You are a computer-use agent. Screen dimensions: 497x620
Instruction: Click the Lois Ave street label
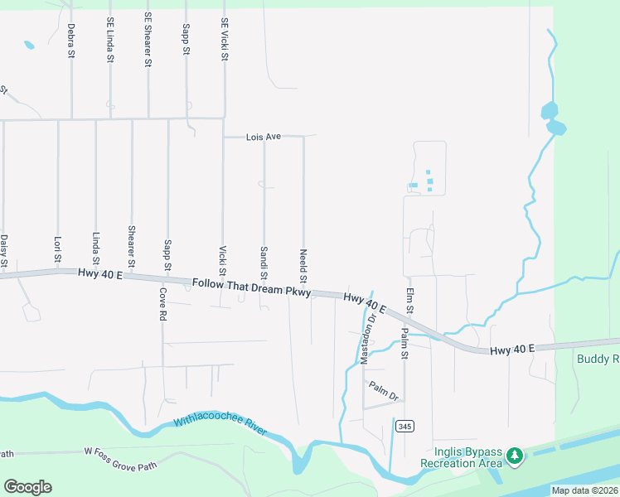[x=263, y=137]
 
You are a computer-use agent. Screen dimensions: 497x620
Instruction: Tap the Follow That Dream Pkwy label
[x=251, y=287]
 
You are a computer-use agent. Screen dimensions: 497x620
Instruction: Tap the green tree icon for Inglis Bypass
[x=515, y=456]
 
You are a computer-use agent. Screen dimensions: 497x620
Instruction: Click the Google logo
[x=27, y=487]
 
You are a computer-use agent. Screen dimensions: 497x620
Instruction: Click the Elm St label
[x=409, y=299]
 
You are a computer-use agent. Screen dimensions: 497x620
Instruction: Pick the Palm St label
[x=404, y=344]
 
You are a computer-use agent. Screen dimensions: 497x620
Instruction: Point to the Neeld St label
[x=303, y=263]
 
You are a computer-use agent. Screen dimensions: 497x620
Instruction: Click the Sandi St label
[x=264, y=263]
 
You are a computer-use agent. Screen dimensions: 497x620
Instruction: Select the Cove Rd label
[x=162, y=304]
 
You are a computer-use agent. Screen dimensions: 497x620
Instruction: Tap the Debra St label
[x=71, y=41]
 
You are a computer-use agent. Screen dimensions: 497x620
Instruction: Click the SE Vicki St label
[x=224, y=40]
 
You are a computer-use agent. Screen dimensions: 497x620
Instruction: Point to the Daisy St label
[x=4, y=252]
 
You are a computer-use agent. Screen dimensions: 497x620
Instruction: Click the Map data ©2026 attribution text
[x=584, y=490]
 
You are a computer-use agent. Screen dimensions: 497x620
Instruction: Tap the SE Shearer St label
[x=148, y=40]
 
